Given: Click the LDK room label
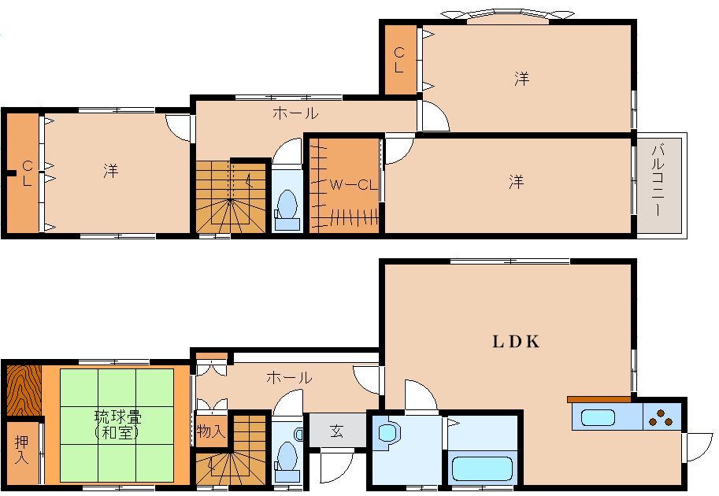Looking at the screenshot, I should click(516, 342).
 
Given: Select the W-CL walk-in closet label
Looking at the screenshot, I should click(350, 185).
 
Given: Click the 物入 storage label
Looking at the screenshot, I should click(210, 431).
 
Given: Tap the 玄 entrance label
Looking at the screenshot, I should click(336, 431).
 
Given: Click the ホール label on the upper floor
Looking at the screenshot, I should click(295, 113).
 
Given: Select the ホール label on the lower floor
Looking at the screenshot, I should click(288, 378).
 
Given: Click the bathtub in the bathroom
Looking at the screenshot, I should click(483, 469).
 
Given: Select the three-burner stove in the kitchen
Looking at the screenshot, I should click(662, 416).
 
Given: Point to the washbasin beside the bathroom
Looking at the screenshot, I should click(387, 433).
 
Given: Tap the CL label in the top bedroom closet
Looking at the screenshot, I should click(399, 60).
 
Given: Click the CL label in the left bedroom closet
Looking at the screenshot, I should click(27, 172).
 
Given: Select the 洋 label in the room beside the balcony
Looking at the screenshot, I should click(515, 183).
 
